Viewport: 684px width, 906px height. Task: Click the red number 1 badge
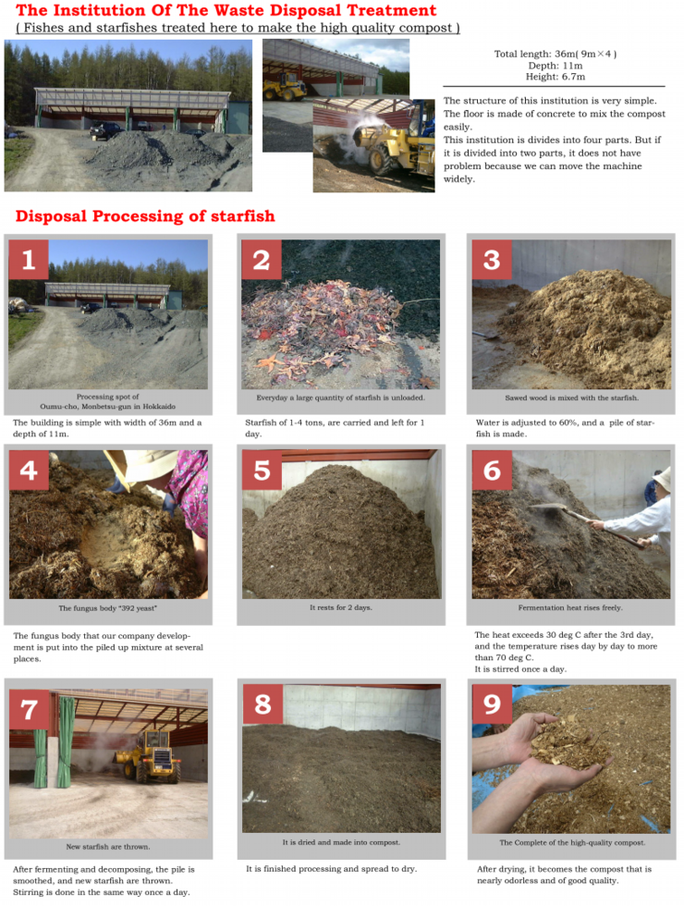29,260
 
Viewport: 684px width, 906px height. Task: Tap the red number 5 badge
262,470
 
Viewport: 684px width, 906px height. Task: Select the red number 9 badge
492,704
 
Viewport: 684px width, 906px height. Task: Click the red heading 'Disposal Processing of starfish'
145,216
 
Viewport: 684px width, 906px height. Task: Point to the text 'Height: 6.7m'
555,77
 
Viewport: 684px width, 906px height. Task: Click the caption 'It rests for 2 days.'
341,607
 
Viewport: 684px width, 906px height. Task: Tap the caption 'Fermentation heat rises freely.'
570,607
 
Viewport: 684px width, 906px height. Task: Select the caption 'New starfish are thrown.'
108,847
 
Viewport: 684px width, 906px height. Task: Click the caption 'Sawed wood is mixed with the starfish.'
571,398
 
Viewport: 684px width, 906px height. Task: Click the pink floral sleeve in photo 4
189,491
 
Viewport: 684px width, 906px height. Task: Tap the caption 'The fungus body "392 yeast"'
107,608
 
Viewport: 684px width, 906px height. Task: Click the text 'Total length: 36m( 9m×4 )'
556,54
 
